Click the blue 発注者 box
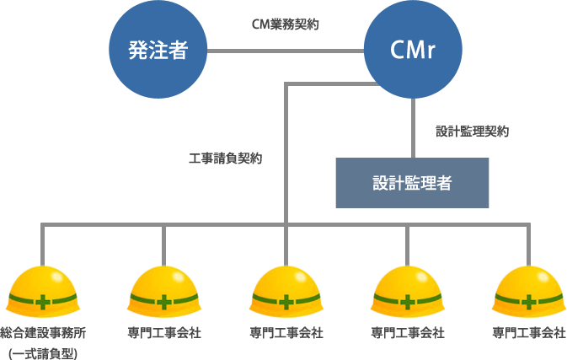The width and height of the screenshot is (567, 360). [158, 50]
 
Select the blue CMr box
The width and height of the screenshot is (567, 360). [412, 50]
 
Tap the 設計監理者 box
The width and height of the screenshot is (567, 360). [412, 182]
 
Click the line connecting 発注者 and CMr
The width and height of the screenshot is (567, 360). [285, 51]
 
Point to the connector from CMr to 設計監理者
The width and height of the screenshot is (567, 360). [412, 127]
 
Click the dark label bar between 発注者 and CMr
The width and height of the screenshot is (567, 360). [285, 24]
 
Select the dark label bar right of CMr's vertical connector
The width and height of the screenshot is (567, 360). [472, 131]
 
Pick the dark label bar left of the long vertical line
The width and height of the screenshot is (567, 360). [225, 158]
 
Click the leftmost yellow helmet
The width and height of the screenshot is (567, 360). [42, 292]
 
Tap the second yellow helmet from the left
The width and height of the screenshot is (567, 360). [163, 292]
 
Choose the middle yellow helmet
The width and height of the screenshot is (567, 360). [286, 292]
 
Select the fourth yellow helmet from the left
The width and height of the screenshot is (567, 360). [408, 292]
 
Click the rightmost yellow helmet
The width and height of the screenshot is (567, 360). [529, 292]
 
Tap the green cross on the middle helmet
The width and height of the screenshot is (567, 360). [286, 302]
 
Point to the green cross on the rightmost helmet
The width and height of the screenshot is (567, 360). [529, 302]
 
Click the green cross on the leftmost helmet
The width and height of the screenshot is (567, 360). [42, 302]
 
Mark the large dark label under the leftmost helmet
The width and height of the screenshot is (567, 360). [42, 341]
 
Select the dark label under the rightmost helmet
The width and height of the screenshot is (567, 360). [529, 332]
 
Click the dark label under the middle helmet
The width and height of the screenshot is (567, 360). [286, 332]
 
